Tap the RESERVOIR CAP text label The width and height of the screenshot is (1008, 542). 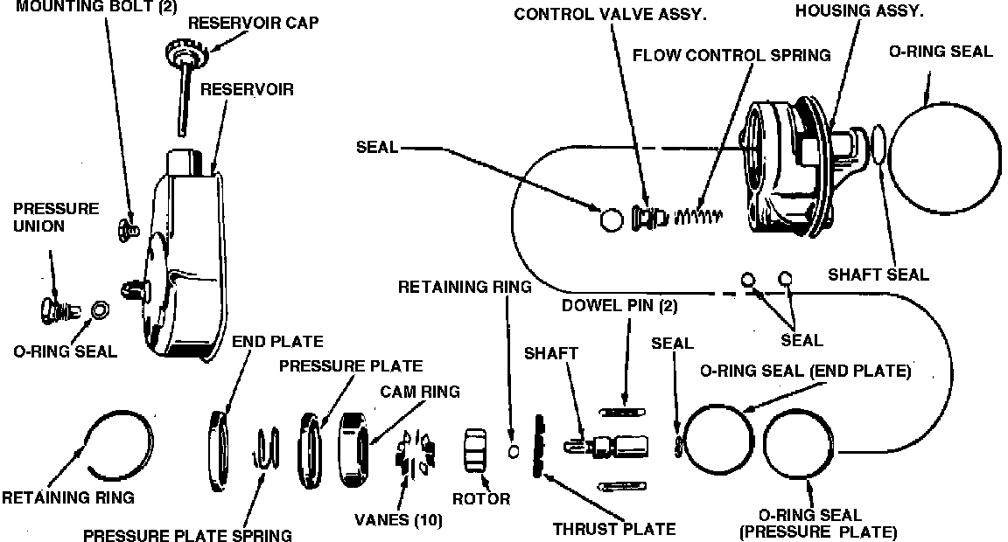coord(254,23)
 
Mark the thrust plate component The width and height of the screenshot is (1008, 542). coord(537,446)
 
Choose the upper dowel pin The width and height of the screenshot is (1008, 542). coord(622,410)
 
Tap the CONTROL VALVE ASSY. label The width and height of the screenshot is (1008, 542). coord(611,14)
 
